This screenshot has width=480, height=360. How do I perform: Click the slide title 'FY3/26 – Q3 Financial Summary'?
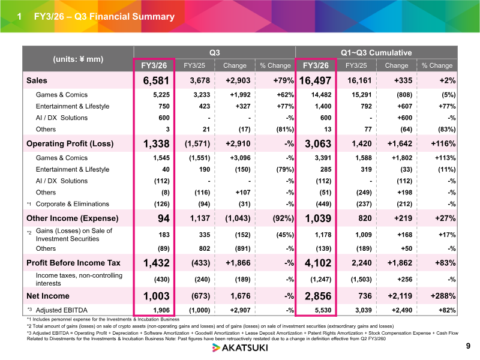104,17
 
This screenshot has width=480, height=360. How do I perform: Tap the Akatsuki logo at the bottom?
240,348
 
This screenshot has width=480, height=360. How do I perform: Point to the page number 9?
468,346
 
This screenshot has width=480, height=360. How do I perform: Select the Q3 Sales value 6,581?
156,80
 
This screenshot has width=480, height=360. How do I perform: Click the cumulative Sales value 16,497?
315,80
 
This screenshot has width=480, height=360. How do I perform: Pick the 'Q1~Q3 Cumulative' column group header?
376,53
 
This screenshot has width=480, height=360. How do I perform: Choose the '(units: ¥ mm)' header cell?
78,59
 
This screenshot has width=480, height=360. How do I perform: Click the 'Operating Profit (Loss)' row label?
70,143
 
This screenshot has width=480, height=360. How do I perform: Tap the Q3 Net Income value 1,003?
157,296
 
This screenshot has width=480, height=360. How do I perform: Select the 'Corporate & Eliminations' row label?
72,204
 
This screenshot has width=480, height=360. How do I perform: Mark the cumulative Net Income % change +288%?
443,296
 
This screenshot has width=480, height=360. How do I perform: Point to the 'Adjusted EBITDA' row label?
62,310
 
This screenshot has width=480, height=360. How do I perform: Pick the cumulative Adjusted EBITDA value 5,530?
323,310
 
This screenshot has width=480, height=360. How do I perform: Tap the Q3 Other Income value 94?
164,218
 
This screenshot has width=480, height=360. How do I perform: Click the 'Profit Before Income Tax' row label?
73,263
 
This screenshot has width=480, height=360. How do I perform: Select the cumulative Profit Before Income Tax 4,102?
318,263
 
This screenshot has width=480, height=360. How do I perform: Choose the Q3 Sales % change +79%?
283,80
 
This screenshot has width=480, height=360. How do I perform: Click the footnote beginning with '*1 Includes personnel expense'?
103,319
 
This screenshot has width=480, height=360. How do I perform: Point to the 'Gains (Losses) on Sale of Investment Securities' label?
74,235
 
